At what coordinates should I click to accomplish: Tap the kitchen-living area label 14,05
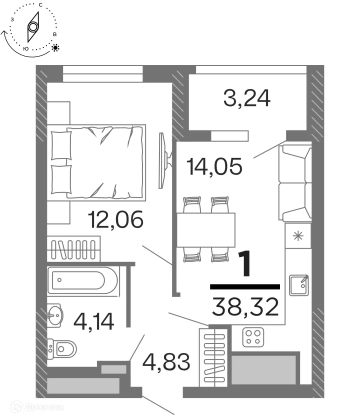point(214,165)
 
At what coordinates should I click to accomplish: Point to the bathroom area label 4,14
point(94,320)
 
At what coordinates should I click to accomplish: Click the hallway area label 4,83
point(166,361)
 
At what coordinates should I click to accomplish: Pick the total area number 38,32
point(245,306)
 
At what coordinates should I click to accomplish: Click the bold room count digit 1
point(245,263)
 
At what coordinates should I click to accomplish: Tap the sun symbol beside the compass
point(55,48)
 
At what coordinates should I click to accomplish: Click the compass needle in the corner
point(33,27)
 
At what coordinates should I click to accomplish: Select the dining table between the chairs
point(205,230)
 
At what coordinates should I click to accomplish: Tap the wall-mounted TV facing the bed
point(161,160)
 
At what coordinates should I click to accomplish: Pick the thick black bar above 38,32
point(245,286)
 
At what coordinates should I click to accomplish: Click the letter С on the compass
point(39,4)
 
